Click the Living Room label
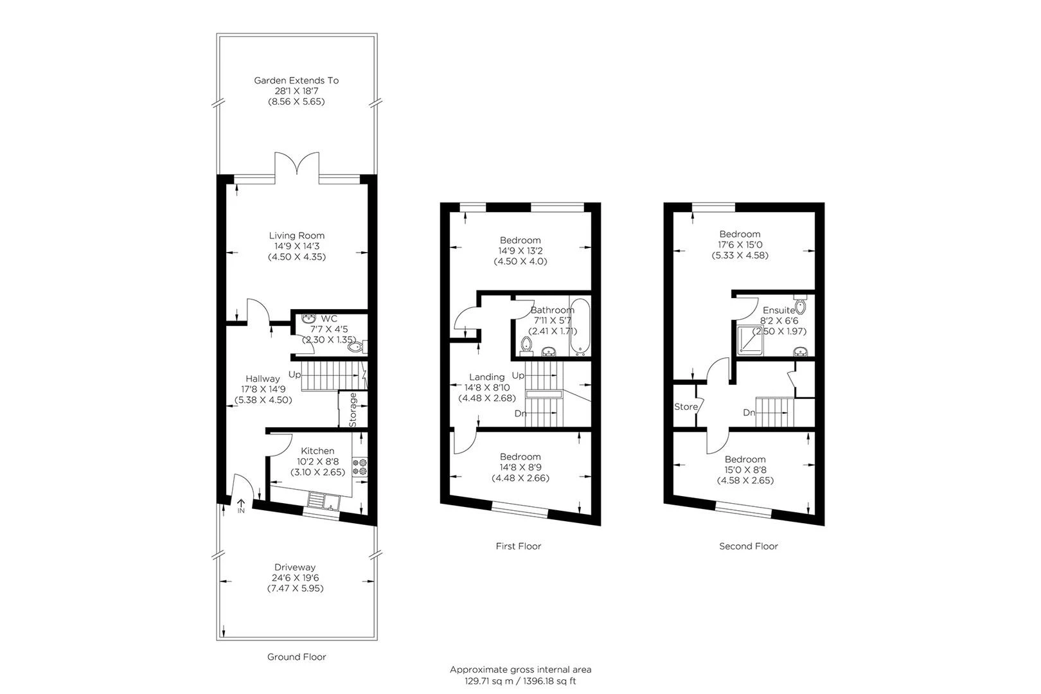click(x=296, y=235)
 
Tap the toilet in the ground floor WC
click(x=355, y=347)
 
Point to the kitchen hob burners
click(x=359, y=467)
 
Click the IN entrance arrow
click(x=242, y=506)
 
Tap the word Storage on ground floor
click(x=353, y=409)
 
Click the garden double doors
click(x=296, y=166)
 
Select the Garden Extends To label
click(x=296, y=80)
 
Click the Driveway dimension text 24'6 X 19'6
click(x=295, y=578)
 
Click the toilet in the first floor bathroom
click(x=527, y=345)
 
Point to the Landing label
click(x=486, y=377)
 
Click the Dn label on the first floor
click(x=520, y=413)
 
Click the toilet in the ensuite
click(x=800, y=305)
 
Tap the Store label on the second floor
click(x=686, y=407)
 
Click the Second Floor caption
click(x=748, y=546)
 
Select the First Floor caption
click(x=518, y=546)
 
